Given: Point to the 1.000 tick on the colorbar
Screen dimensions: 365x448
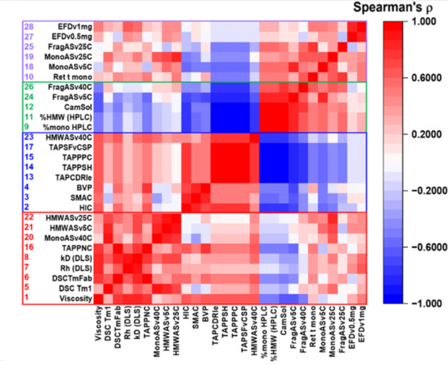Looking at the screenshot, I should [x=423, y=21].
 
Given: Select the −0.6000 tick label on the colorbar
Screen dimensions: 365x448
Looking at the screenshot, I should [x=425, y=247].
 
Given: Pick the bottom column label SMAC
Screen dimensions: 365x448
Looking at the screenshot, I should [x=195, y=320].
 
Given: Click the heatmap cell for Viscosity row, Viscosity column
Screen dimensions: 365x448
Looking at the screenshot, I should [x=98, y=299].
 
